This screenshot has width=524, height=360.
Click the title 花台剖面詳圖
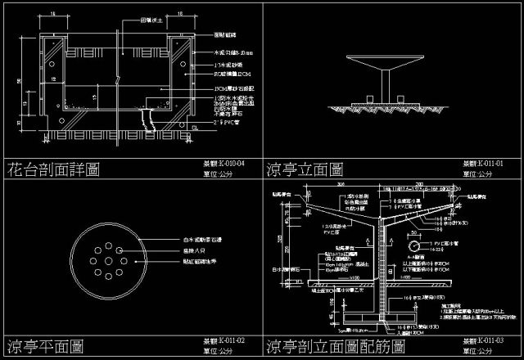(x=53, y=170)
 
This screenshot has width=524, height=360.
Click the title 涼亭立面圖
(x=304, y=170)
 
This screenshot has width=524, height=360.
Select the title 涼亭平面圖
(x=44, y=344)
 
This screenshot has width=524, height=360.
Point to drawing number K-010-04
(x=224, y=164)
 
